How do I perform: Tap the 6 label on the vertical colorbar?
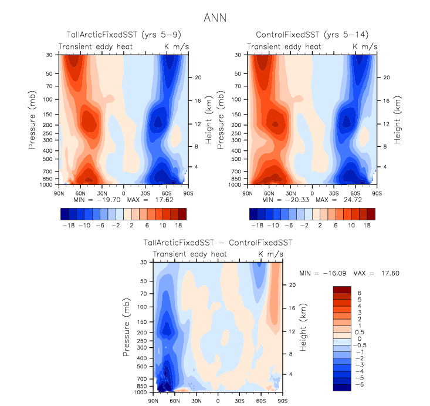tap(358, 293)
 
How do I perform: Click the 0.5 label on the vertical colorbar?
tap(361, 332)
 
